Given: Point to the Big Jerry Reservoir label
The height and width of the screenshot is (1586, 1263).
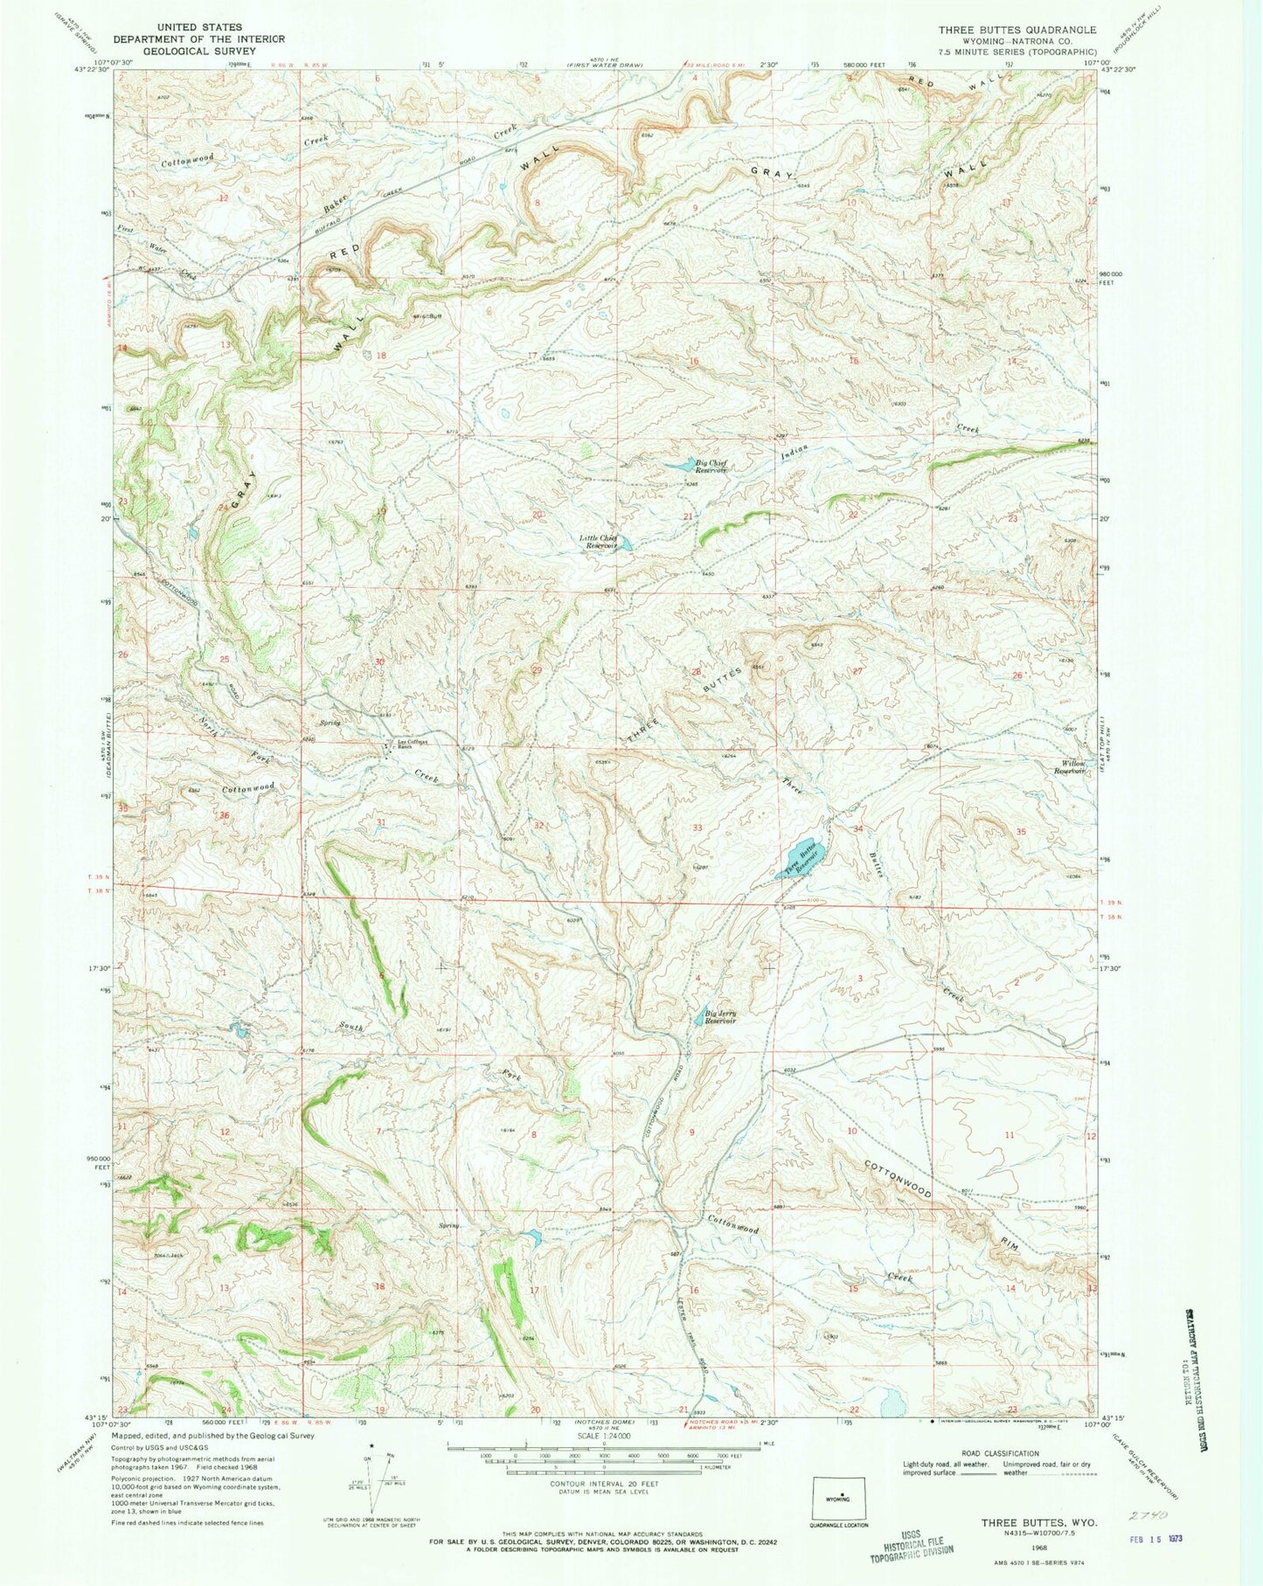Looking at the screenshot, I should (x=721, y=1018).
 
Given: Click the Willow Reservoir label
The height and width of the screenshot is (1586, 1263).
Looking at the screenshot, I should (x=1069, y=766).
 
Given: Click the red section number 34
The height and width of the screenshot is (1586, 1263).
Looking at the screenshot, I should (x=858, y=828).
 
